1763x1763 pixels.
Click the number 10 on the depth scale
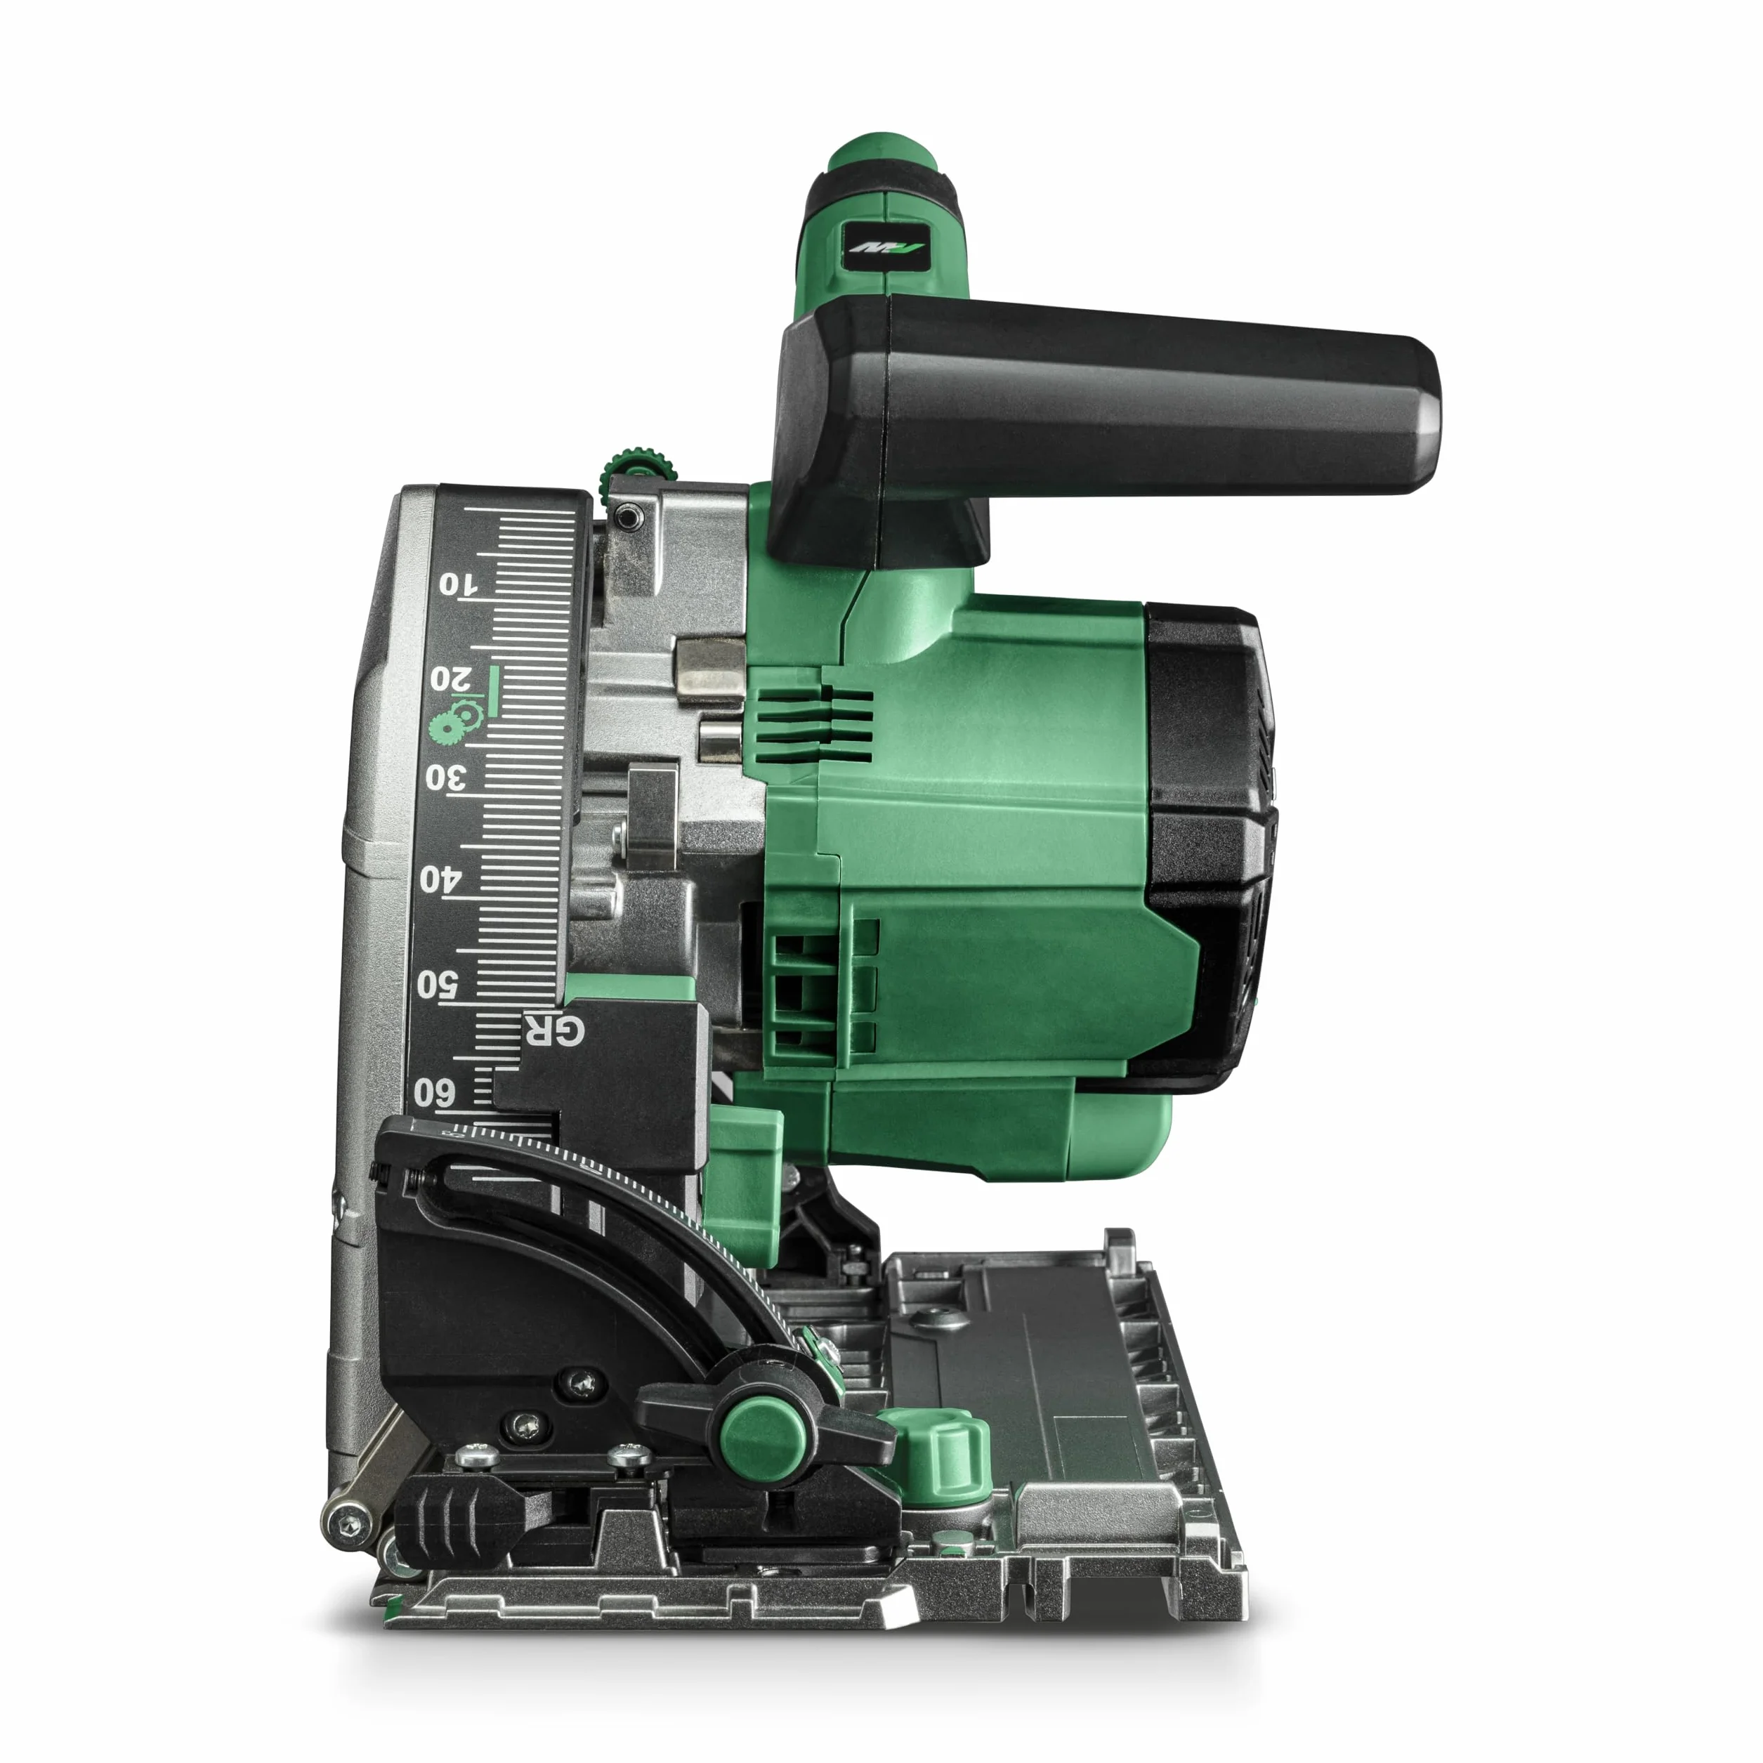[x=457, y=584]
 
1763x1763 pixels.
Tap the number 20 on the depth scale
[x=452, y=679]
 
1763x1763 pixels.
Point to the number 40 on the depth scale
[x=441, y=879]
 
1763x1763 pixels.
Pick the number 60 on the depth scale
[x=433, y=1092]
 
